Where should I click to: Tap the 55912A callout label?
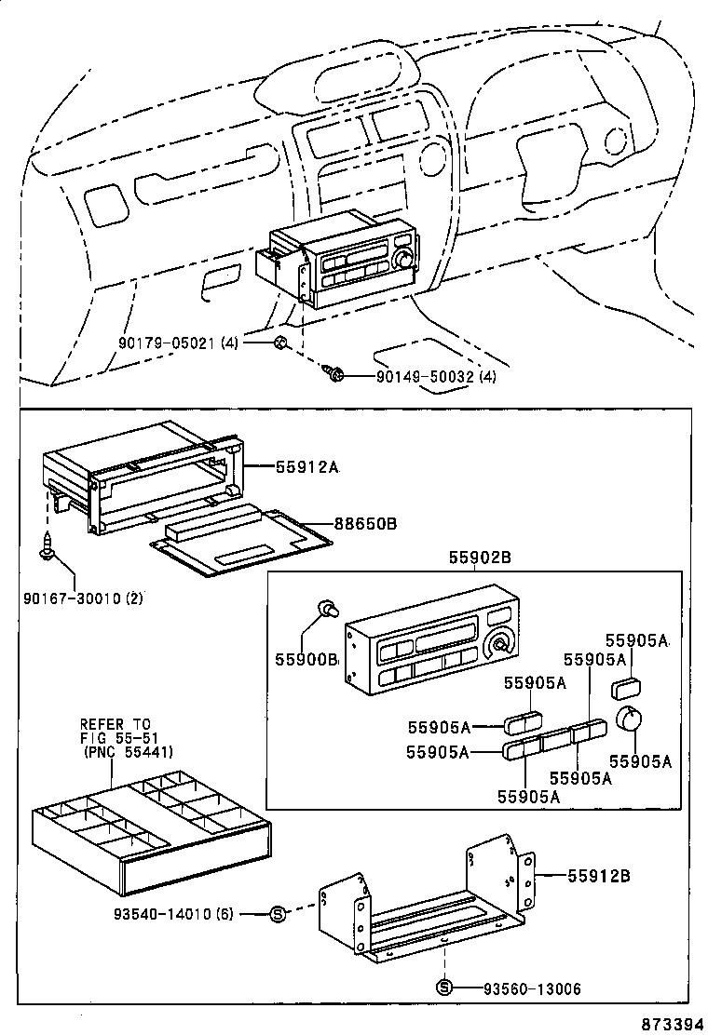(306, 467)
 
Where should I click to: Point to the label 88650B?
(366, 524)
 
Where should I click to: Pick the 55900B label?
(306, 658)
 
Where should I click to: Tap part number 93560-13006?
(531, 988)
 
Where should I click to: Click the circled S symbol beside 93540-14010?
(277, 914)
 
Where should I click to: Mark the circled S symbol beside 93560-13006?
(444, 988)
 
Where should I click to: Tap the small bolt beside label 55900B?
(326, 610)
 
